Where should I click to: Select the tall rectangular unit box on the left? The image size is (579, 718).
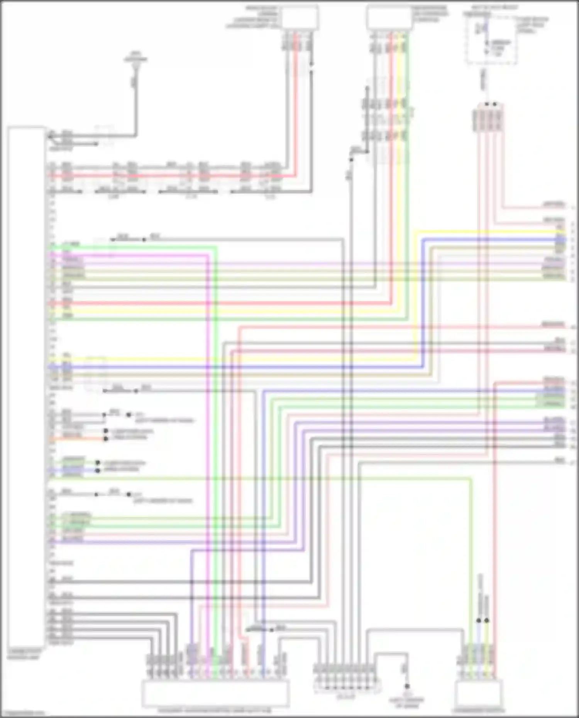point(26,386)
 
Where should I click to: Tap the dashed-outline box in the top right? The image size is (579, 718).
point(491,40)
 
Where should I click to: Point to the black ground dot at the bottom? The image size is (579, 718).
point(407,686)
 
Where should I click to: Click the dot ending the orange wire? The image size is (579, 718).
point(106,439)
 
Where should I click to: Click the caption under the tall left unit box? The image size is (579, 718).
point(24,654)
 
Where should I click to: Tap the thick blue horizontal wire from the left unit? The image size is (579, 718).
point(232,367)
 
